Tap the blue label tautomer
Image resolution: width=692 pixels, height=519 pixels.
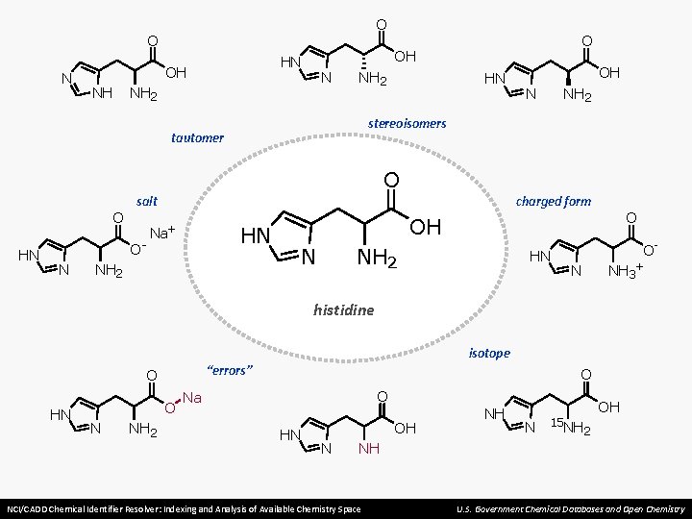197,137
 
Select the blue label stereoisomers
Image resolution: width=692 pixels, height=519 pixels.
407,123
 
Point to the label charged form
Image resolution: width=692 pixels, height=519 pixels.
554,202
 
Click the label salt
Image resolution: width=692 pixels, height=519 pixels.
147,201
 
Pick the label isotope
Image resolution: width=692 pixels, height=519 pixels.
489,353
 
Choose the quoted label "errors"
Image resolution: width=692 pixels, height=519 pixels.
230,370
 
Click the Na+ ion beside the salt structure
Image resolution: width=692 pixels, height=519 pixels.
162,232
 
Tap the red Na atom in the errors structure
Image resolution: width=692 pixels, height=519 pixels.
192,398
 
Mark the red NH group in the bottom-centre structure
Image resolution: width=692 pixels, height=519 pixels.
369,449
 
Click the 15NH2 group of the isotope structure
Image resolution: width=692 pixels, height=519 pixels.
571,427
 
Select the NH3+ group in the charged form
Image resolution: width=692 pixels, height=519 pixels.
625,270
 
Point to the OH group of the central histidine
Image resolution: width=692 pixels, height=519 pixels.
426,227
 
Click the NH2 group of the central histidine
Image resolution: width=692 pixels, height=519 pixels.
378,258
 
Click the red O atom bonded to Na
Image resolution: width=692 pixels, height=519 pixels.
170,408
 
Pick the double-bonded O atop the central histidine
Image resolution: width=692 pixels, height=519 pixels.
391,180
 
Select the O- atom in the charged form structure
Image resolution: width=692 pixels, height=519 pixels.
650,249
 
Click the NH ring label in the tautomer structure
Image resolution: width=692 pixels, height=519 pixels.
103,92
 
